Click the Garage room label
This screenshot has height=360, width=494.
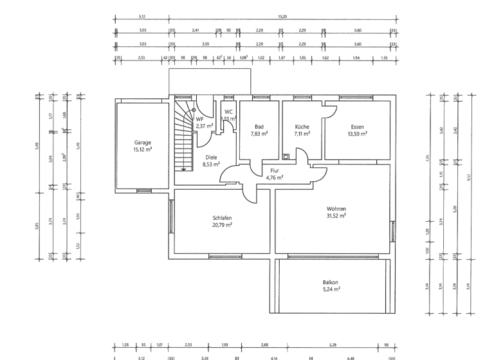coord(142,142)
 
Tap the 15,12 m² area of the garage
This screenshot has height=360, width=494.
coord(142,149)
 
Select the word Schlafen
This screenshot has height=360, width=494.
coord(222,218)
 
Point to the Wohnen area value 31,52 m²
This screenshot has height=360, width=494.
coord(336,217)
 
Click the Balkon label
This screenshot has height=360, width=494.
coord(331,282)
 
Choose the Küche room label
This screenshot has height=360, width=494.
coord(302,127)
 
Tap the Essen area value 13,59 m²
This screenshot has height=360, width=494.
coord(357,134)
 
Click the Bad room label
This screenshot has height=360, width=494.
coord(259,127)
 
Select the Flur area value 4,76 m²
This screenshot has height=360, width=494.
coord(275,178)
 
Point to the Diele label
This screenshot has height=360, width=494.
coord(211,157)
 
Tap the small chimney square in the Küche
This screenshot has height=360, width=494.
coord(286,155)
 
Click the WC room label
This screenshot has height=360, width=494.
coord(228,111)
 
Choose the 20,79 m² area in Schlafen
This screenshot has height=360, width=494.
coord(222,225)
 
